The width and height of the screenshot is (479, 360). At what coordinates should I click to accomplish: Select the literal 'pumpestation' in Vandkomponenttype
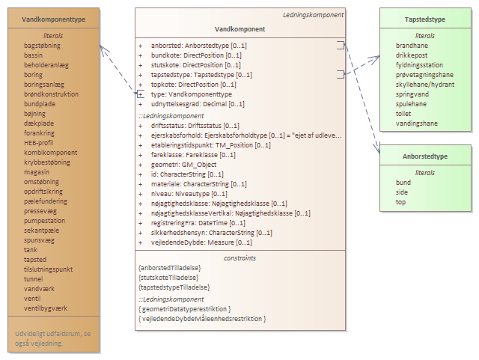click(x=45, y=221)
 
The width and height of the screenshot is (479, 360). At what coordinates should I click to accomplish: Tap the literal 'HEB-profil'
click(x=39, y=142)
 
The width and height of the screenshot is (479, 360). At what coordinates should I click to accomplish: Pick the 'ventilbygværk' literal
click(x=46, y=308)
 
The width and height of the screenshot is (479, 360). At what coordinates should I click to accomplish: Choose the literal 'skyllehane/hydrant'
click(x=424, y=85)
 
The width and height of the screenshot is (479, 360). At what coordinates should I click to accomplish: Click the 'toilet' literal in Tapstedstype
click(x=403, y=114)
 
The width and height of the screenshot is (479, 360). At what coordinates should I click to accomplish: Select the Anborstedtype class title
click(x=426, y=156)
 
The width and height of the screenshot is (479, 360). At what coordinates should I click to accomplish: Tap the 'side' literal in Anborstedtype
click(x=403, y=192)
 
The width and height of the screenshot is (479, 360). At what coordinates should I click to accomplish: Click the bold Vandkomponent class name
click(x=239, y=28)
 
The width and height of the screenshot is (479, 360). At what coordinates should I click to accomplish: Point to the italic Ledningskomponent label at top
click(x=313, y=14)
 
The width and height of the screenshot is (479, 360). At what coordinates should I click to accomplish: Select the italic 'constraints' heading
click(x=239, y=257)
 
